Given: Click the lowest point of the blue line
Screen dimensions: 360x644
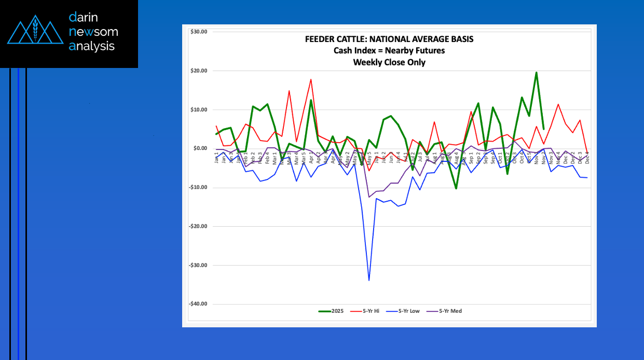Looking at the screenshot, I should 369,281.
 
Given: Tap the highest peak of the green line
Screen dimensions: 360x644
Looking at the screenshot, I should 536,73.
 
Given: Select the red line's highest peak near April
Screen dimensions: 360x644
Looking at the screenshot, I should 311,79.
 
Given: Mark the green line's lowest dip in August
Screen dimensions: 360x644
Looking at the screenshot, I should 456,188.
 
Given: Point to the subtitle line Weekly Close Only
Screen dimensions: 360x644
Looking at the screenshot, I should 389,62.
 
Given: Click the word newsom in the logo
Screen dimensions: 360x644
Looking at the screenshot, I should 93,32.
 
